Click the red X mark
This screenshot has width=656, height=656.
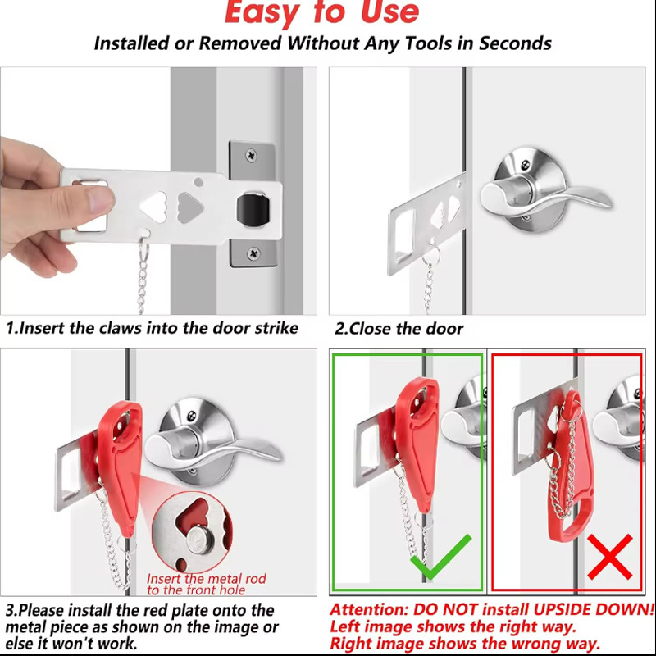coord(609,557)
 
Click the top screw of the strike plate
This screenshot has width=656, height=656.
coord(251,156)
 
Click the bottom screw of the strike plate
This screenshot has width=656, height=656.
coord(253,253)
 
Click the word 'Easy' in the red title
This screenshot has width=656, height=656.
coord(262,12)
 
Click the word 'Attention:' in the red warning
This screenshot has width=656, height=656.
coord(368,609)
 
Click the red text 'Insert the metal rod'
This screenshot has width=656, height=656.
coord(207,579)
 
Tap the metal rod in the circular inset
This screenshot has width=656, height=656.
coord(200,540)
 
